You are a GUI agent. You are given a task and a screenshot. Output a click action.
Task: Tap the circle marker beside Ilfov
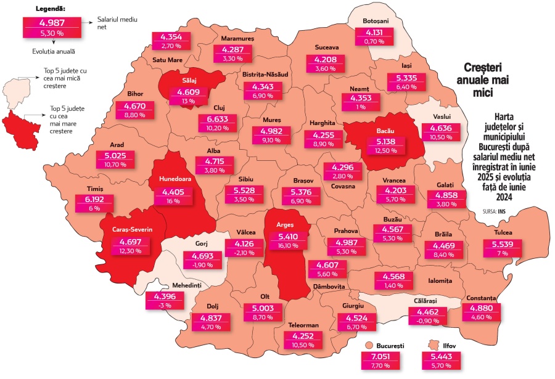coord(431,346)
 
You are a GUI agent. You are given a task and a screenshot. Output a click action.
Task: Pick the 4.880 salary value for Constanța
coord(481,308)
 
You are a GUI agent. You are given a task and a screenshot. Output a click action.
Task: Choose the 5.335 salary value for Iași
coord(405,78)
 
